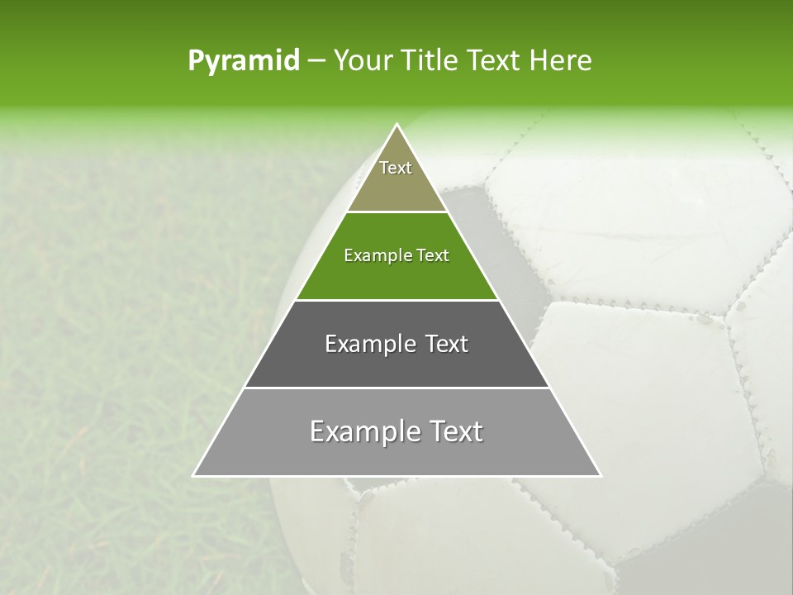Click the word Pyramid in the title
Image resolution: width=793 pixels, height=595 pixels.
[x=243, y=61]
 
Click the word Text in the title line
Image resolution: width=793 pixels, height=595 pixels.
[x=495, y=61]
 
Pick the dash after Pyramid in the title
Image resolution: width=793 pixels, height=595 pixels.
[x=316, y=61]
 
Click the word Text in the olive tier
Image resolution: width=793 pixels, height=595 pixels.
[x=396, y=168]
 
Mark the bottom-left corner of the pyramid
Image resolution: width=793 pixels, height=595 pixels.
[x=194, y=475]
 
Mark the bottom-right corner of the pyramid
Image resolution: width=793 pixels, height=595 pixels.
[x=600, y=475]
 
